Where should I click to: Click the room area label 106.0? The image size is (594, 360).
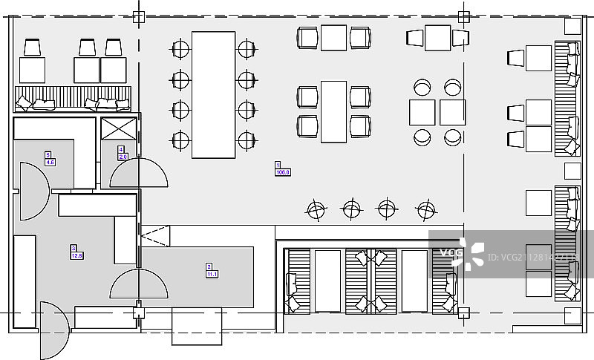[x=283, y=172]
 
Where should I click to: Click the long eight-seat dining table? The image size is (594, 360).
[x=213, y=94]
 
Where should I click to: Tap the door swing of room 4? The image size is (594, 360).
[x=139, y=174]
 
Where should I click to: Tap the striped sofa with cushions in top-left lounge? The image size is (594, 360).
[x=73, y=99]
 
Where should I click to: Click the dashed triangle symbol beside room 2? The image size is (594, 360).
[x=157, y=238]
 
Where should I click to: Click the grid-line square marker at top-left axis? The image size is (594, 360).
[x=137, y=16]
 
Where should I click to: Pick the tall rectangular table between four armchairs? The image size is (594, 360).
[x=334, y=111]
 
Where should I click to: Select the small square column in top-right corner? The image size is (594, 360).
[x=572, y=26]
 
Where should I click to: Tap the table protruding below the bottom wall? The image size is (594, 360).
[x=197, y=327]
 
